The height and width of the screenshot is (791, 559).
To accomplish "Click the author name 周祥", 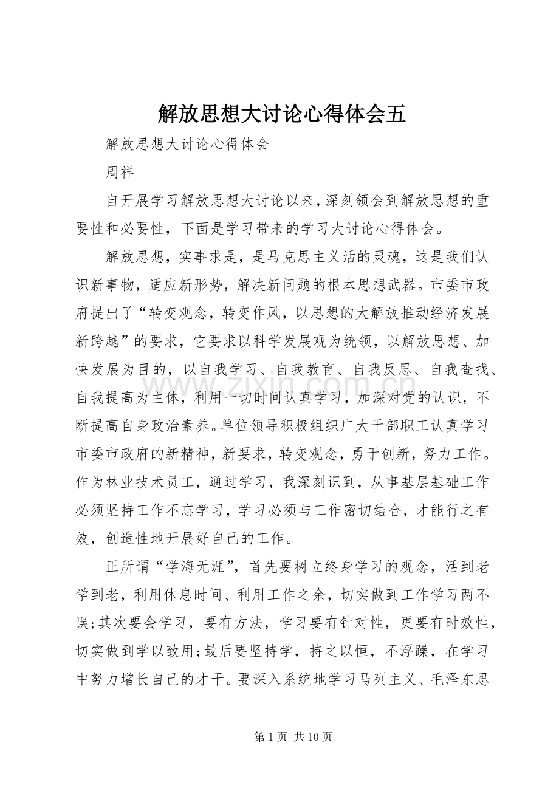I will (x=119, y=173).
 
